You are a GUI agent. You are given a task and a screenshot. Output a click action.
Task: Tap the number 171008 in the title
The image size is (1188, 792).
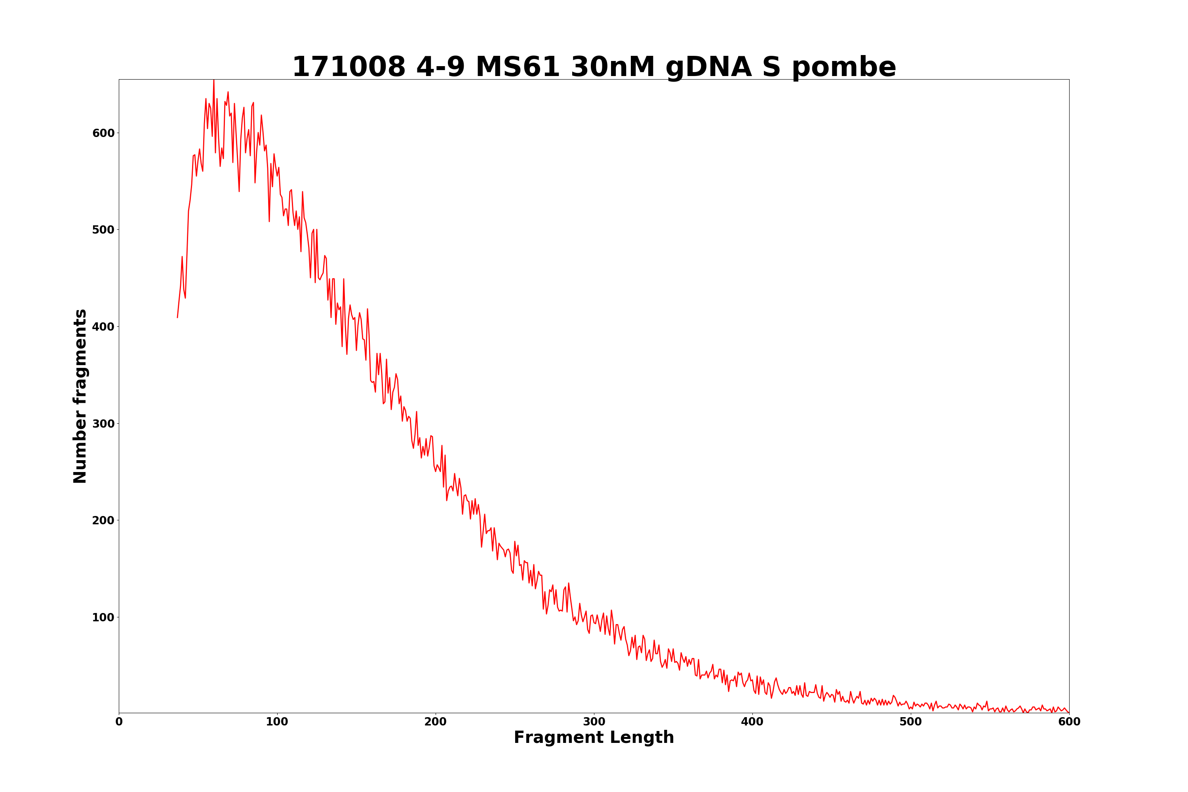[348, 67]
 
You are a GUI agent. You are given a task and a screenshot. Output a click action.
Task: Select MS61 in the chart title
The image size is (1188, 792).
[517, 67]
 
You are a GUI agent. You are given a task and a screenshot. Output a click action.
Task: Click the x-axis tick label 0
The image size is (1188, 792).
[119, 722]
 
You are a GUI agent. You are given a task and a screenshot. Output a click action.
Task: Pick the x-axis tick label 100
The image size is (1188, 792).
[277, 722]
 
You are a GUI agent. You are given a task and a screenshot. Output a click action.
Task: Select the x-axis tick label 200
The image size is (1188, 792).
[435, 722]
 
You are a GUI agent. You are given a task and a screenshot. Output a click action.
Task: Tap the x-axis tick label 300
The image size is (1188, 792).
[594, 722]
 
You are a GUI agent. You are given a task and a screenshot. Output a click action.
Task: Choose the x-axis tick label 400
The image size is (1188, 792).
[752, 722]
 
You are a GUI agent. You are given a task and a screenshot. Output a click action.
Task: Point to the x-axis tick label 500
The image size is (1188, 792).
[911, 722]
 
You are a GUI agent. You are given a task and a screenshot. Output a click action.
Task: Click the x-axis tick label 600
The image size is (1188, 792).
[1069, 722]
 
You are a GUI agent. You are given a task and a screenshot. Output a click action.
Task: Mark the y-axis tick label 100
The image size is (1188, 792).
[103, 617]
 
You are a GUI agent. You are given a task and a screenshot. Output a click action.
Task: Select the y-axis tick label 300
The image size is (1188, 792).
[103, 423]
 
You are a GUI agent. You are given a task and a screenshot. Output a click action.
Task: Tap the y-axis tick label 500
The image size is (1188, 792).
[103, 230]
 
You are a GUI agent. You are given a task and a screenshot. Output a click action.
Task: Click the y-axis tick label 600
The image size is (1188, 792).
[103, 133]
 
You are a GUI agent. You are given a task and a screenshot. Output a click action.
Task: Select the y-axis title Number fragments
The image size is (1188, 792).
[80, 396]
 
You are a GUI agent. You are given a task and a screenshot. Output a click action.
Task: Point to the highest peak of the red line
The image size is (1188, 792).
[214, 80]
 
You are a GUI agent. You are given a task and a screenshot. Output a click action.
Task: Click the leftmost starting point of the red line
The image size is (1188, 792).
[177, 317]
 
